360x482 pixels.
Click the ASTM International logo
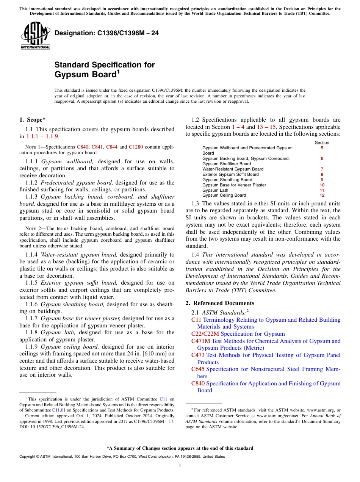click(x=35, y=36)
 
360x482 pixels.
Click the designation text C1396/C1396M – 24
click(x=106, y=33)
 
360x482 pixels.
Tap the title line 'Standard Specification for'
click(x=105, y=65)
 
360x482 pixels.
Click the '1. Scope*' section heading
click(x=33, y=120)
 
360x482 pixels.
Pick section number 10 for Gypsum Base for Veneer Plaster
click(x=322, y=185)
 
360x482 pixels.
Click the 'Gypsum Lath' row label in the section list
click(x=215, y=190)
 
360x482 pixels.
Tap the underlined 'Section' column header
click(x=322, y=142)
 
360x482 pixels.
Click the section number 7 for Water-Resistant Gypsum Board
click(x=322, y=169)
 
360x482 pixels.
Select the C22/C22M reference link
click(x=205, y=334)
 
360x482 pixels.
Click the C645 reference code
click(x=198, y=369)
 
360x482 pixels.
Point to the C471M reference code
click(x=200, y=341)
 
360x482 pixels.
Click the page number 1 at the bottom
click(x=180, y=466)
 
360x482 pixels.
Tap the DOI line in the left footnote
click(x=52, y=426)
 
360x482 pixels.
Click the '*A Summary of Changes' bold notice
click(x=180, y=448)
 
